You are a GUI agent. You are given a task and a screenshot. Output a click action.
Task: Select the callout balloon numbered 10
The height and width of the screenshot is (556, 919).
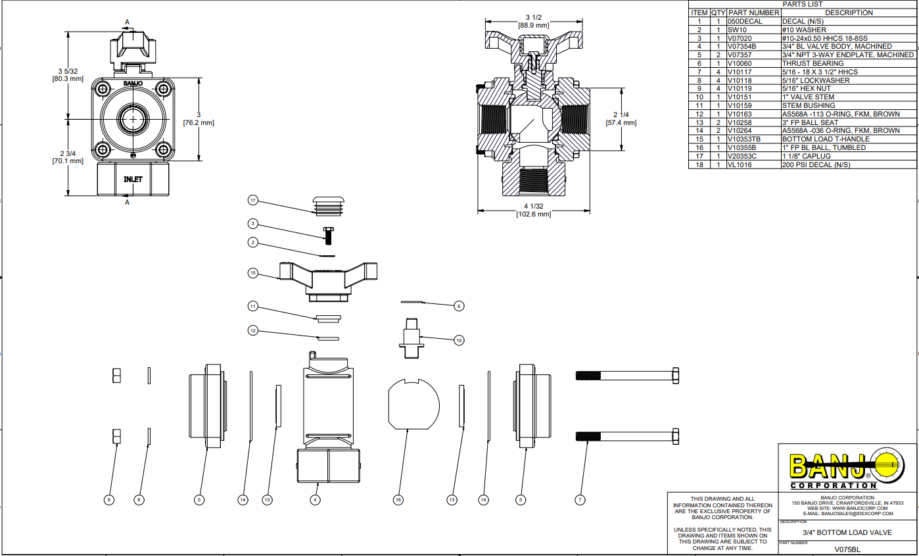click(x=459, y=340)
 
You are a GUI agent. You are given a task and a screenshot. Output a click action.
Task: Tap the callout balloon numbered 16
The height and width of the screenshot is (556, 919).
click(x=398, y=500)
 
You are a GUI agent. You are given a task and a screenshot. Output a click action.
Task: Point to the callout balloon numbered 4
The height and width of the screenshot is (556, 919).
click(x=316, y=500)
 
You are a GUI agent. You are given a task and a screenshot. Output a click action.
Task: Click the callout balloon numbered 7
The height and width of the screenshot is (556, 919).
click(x=580, y=500)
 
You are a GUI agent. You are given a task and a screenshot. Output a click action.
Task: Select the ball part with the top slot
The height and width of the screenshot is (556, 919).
click(x=413, y=403)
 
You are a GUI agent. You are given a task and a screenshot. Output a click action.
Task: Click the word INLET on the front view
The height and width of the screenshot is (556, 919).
click(x=133, y=179)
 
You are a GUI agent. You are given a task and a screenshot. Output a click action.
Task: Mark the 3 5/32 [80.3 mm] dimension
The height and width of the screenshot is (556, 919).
click(x=68, y=74)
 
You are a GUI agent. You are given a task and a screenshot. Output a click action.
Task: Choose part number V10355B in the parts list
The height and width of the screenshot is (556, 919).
click(x=742, y=148)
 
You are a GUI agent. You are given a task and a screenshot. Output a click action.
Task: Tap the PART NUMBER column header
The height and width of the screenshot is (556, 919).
click(x=753, y=13)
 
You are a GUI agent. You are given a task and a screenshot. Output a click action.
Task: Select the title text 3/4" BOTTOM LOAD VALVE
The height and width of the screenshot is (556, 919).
click(x=847, y=532)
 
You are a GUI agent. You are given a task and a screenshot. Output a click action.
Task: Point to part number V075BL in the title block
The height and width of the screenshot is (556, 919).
click(x=847, y=549)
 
